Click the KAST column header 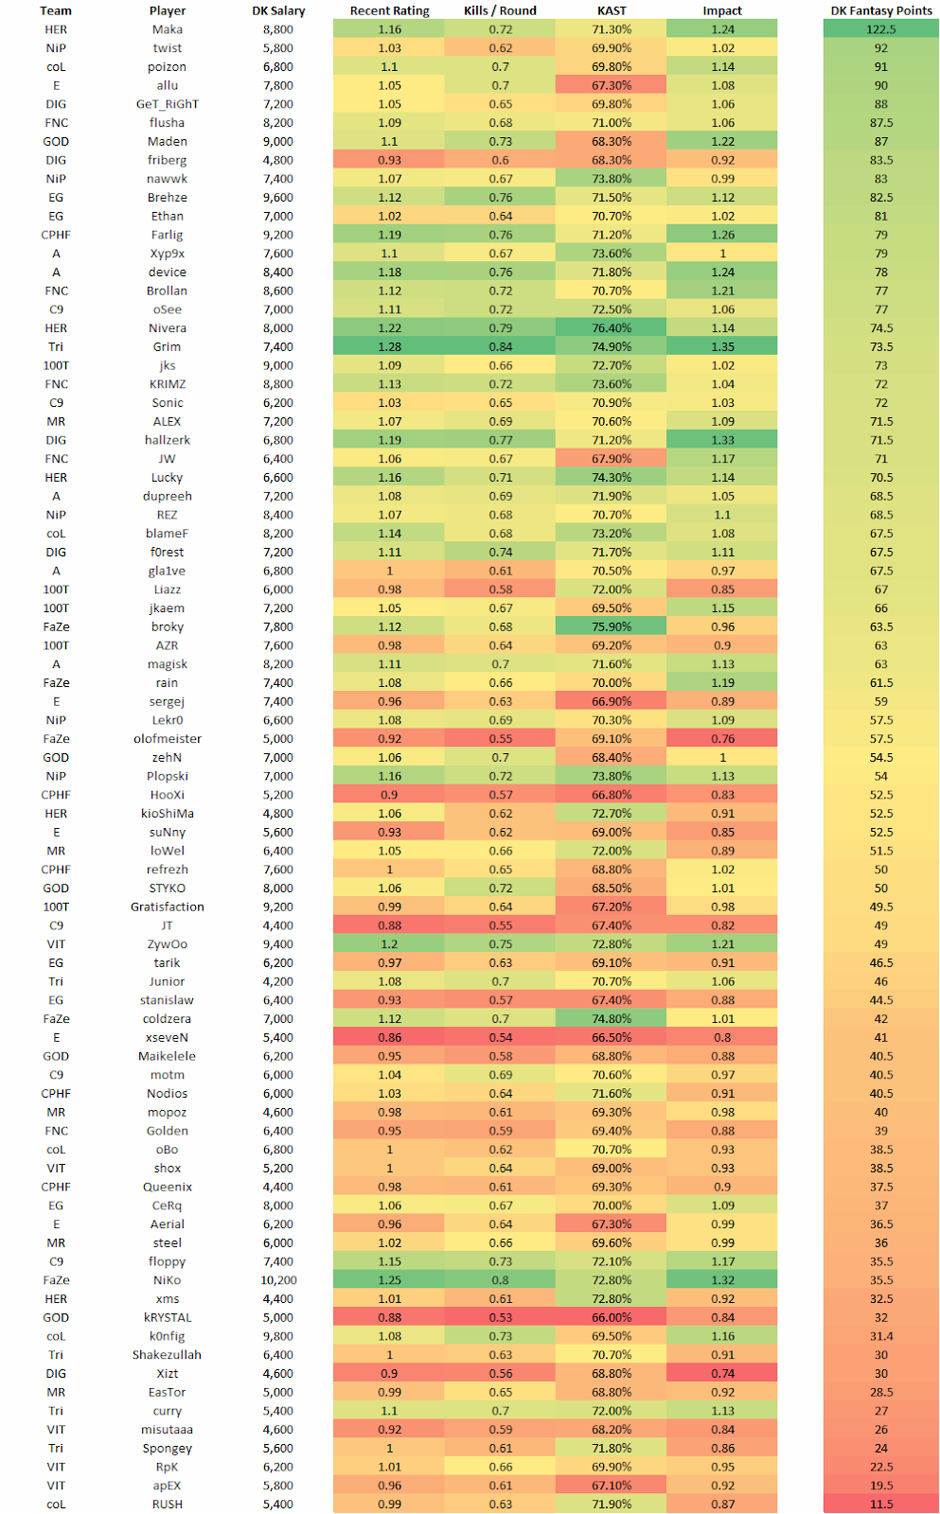click(x=612, y=10)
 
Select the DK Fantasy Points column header click(x=881, y=10)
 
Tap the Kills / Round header click(x=500, y=10)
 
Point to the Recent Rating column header click(x=389, y=10)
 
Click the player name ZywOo click(x=168, y=943)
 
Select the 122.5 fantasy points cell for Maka click(x=881, y=29)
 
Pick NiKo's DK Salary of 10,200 click(x=278, y=1280)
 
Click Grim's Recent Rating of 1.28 click(x=389, y=346)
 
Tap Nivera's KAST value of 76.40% click(x=612, y=328)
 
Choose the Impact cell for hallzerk click(x=722, y=440)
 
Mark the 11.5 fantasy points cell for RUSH click(x=881, y=1504)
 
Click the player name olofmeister click(x=168, y=738)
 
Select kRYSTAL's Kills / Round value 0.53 click(x=500, y=1317)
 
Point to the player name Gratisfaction click(x=168, y=907)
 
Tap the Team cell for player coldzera click(x=56, y=1019)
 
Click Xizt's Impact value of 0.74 click(x=722, y=1373)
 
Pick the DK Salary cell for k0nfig click(x=278, y=1336)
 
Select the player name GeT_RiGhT click(x=168, y=104)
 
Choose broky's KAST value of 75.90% click(x=612, y=626)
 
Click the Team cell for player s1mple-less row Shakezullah click(x=56, y=1355)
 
